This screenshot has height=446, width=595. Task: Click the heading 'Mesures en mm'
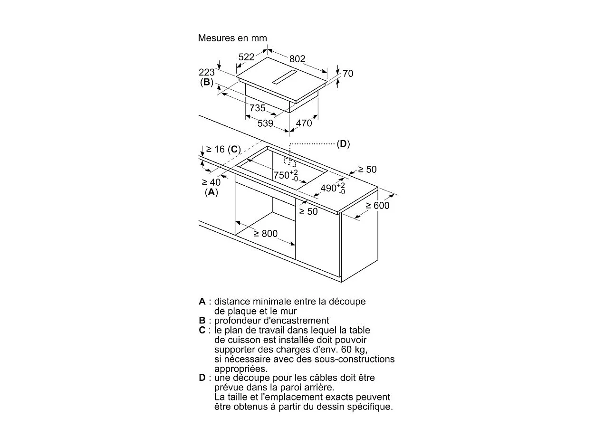pos(232,38)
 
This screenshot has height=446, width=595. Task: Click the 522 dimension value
pos(246,57)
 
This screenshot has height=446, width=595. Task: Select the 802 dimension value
pos(297,59)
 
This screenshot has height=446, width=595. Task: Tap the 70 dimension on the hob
pos(348,74)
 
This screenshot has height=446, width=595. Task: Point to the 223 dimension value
pos(207,72)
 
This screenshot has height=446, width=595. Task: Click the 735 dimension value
pos(258,108)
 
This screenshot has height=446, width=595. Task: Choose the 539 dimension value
pos(265,123)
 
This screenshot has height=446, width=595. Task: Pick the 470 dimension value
pos(304,123)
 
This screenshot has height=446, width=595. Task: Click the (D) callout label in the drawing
pos(343,144)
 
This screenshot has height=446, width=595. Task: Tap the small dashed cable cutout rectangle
pos(289,162)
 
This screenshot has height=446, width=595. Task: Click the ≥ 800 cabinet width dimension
pos(265,234)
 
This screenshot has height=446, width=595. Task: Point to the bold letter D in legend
pos(202,378)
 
